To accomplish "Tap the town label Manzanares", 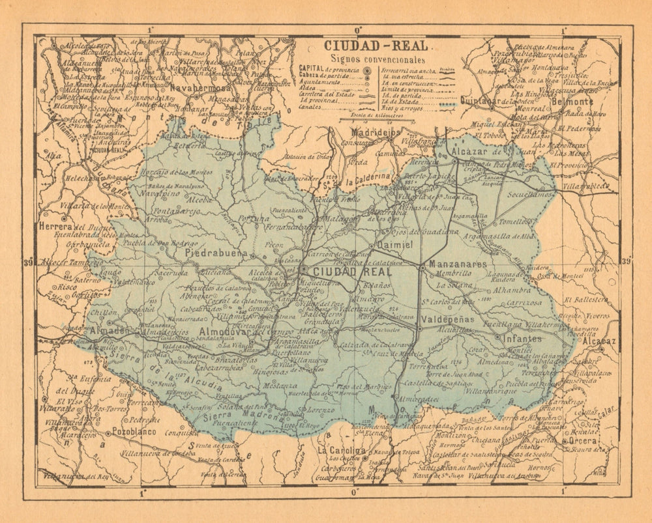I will coord(458,265).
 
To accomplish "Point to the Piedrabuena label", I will coord(216,253).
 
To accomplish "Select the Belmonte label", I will coord(572,102).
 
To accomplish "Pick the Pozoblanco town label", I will coord(134,431).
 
